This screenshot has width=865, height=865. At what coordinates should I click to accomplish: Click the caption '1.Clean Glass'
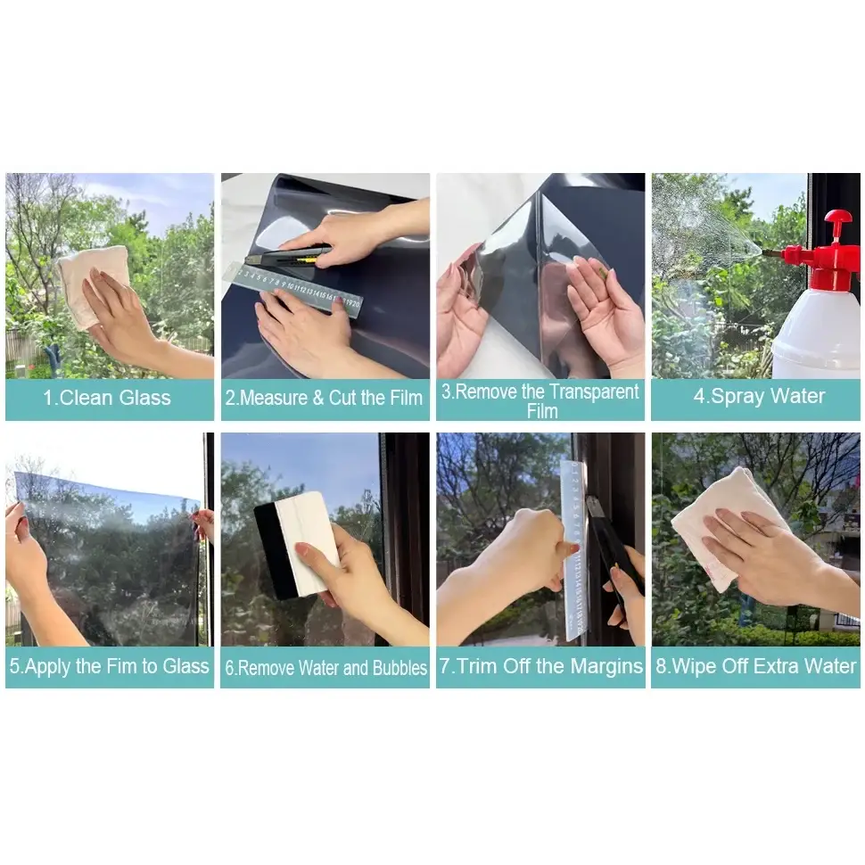coord(108,398)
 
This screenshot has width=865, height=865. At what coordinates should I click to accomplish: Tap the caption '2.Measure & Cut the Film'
coord(324,398)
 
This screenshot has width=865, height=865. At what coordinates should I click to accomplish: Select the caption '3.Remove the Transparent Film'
coord(541,400)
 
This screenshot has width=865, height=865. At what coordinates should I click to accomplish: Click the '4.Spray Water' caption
coord(759,396)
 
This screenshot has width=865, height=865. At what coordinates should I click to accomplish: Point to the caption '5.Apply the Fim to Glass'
coord(109,666)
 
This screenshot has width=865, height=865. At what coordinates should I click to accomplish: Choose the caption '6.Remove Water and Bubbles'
coord(325,668)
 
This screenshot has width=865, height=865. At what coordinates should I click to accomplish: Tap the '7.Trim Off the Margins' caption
coord(541,666)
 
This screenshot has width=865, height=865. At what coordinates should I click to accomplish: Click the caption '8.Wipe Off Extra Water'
coord(756,666)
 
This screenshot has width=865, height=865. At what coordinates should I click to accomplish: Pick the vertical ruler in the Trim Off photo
coord(575,553)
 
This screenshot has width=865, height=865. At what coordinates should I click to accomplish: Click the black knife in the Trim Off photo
coord(612,544)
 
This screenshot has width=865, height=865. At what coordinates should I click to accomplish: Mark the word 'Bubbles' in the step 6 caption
coord(400,668)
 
